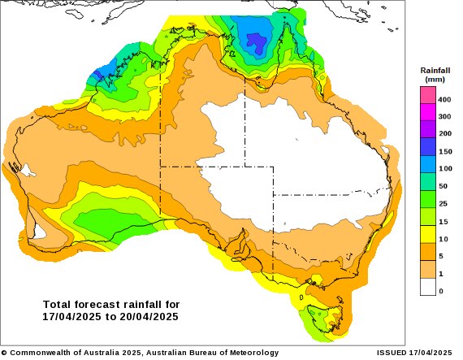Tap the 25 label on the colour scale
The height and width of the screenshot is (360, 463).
[x=444, y=203]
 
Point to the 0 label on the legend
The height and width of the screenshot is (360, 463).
[x=440, y=290]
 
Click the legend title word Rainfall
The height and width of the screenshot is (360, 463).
[x=435, y=72]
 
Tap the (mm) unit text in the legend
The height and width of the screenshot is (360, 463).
[x=435, y=81]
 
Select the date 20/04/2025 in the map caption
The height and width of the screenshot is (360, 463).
[x=150, y=316]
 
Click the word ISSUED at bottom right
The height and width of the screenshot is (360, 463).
[x=394, y=353]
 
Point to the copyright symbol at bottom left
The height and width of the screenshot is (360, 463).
[x=4, y=353]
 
